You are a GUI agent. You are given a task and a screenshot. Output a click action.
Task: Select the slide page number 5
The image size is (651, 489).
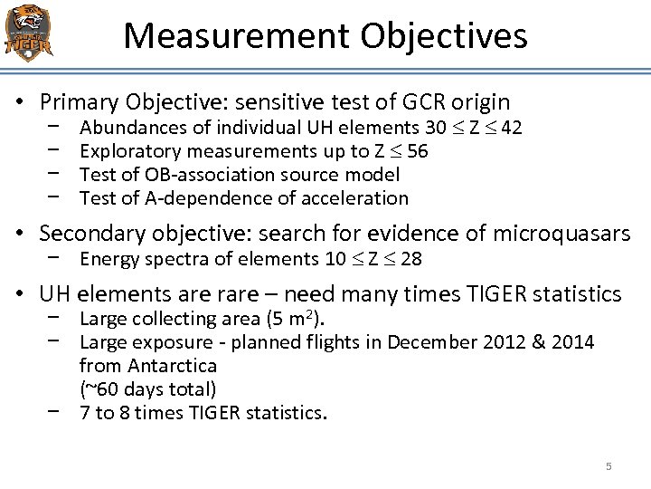click(609, 466)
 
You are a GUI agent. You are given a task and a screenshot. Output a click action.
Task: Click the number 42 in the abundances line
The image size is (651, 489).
click(511, 128)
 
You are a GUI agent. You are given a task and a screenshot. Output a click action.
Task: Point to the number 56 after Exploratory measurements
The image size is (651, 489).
click(418, 151)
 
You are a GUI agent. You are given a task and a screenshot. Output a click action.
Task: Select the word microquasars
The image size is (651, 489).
click(561, 234)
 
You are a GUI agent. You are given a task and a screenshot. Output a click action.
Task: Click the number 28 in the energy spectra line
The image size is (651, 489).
click(411, 260)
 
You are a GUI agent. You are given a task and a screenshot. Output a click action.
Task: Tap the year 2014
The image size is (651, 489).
click(573, 342)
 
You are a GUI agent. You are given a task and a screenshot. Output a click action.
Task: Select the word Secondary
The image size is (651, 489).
click(92, 234)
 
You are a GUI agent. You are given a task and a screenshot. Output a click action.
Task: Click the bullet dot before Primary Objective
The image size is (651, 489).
click(18, 102)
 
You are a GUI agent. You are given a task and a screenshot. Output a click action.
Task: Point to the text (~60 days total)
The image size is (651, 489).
click(147, 389)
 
